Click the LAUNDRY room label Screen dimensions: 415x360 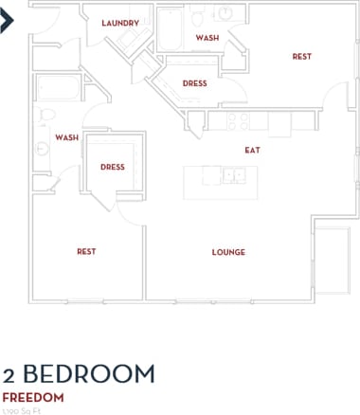click(120, 23)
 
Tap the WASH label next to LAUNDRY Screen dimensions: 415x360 click(207, 38)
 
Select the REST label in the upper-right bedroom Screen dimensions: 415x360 click(301, 57)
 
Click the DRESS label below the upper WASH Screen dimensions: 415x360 click(194, 83)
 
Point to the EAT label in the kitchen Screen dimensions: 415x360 click(252, 150)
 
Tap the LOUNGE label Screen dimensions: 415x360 click(228, 252)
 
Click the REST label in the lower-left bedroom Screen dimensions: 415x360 click(86, 251)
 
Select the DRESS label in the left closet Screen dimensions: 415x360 click(113, 168)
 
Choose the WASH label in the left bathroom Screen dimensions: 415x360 click(66, 137)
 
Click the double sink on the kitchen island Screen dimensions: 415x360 click(233, 175)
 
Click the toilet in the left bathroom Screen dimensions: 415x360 click(45, 116)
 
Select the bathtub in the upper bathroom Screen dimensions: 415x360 click(171, 29)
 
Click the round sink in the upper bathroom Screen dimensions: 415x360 click(227, 12)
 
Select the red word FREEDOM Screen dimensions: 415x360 click(33, 397)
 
